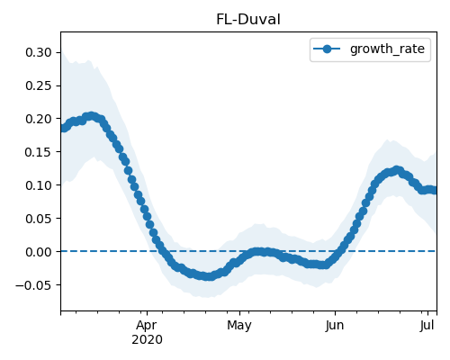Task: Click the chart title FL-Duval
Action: point(248,20)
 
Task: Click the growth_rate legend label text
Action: point(387,49)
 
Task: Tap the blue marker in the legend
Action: point(327,49)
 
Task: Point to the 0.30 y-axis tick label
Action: point(39,52)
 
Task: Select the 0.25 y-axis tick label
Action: point(39,85)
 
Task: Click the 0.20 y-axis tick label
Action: point(39,119)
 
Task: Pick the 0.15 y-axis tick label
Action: point(39,152)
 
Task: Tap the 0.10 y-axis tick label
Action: point(39,185)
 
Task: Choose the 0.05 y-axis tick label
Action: point(39,219)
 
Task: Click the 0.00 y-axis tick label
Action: point(39,252)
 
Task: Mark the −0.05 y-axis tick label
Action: point(33,284)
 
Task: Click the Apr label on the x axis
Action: point(147,326)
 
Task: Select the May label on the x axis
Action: point(239,326)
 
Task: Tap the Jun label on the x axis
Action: point(335,325)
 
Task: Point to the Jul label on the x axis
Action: point(427,325)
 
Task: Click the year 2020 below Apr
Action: point(147,340)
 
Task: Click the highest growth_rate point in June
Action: point(397,170)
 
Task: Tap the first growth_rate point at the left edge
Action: point(62,129)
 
